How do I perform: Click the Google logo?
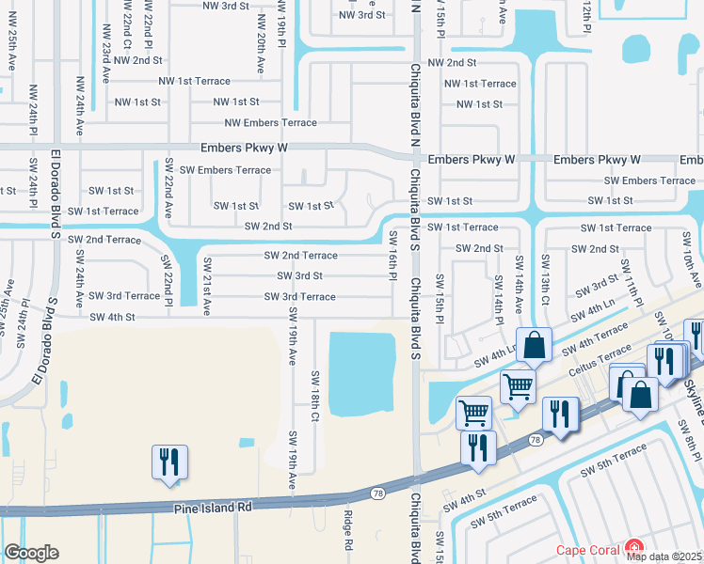pos(31,553)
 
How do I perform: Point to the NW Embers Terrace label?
pos(270,123)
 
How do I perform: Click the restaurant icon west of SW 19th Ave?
pos(169,462)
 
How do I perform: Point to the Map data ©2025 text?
pos(664,556)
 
